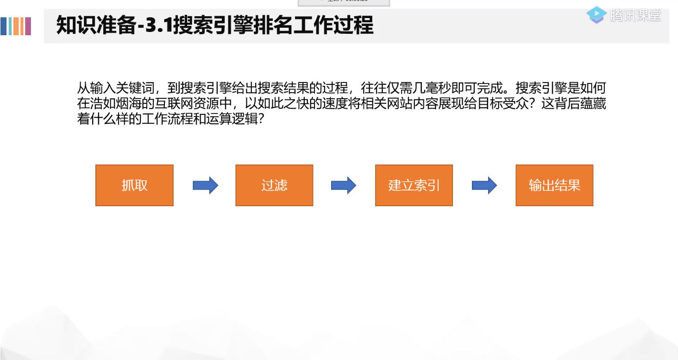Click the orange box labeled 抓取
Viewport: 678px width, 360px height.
(134, 185)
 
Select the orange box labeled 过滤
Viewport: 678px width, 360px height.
(274, 185)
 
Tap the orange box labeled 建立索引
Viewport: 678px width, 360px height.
(414, 185)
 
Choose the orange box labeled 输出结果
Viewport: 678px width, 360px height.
(554, 185)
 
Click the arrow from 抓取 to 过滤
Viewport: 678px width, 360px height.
(205, 185)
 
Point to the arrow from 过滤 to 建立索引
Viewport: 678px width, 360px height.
(344, 185)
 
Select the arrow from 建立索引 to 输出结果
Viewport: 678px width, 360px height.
(484, 185)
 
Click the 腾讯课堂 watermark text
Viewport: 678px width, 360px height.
(636, 15)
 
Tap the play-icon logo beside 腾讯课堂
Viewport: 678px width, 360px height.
(597, 15)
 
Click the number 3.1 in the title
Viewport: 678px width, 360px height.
(159, 26)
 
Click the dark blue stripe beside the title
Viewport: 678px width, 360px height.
(4, 26)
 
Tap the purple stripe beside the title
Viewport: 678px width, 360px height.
(28, 26)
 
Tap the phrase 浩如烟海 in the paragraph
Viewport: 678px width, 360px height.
(113, 104)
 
